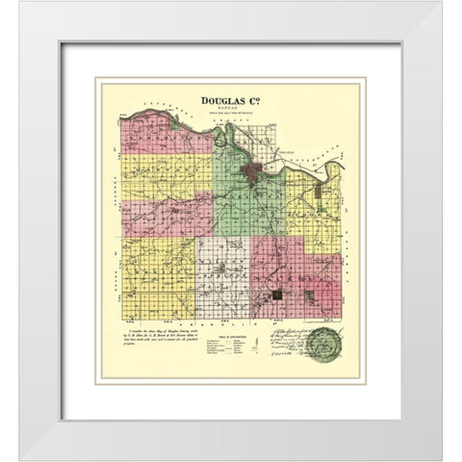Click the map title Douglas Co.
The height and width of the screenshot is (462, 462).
(231, 98)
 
